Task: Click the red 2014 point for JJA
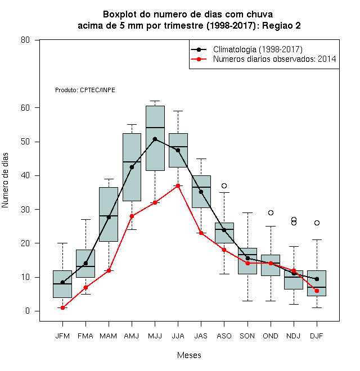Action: click(x=178, y=185)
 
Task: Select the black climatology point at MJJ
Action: click(x=155, y=139)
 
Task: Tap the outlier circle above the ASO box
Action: click(x=224, y=185)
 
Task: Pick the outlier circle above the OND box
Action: click(x=271, y=212)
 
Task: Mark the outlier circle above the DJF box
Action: click(x=317, y=223)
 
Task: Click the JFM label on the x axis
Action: click(x=62, y=336)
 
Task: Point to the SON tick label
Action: click(x=247, y=336)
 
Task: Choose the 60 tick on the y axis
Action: click(x=25, y=108)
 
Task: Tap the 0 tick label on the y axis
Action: click(x=28, y=311)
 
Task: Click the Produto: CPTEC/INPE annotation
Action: click(x=85, y=90)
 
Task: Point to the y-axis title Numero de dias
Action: click(x=5, y=180)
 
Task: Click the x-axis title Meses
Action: click(x=189, y=355)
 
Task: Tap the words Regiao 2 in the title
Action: click(x=281, y=25)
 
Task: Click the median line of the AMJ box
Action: click(x=132, y=162)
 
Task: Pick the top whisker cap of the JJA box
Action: click(x=178, y=111)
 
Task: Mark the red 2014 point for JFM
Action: click(x=62, y=307)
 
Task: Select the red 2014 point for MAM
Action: click(x=109, y=270)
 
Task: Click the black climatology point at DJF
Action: click(x=317, y=279)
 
